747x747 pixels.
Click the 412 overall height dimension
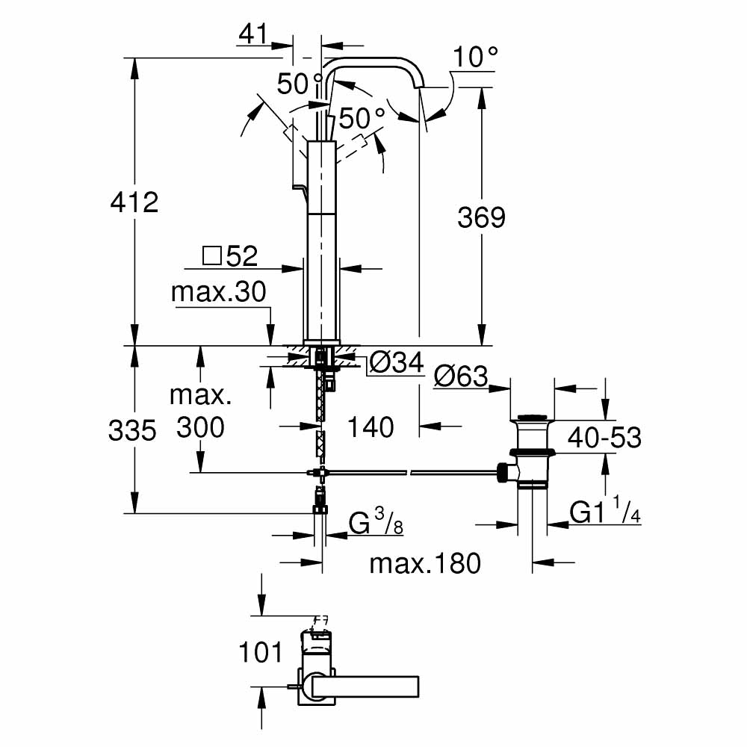tap(134, 202)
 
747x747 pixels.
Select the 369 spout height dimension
tap(481, 218)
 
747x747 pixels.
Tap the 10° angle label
tap(475, 56)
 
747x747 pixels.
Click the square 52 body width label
tap(230, 256)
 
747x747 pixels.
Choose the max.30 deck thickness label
tap(218, 292)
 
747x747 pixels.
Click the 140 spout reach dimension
tap(371, 427)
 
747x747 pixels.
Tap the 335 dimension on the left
tap(132, 430)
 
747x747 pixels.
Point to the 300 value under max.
tap(199, 427)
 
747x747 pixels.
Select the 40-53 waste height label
tap(604, 437)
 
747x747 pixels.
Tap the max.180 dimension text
tap(425, 562)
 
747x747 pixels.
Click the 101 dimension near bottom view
tap(261, 651)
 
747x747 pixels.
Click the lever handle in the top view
tap(366, 685)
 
